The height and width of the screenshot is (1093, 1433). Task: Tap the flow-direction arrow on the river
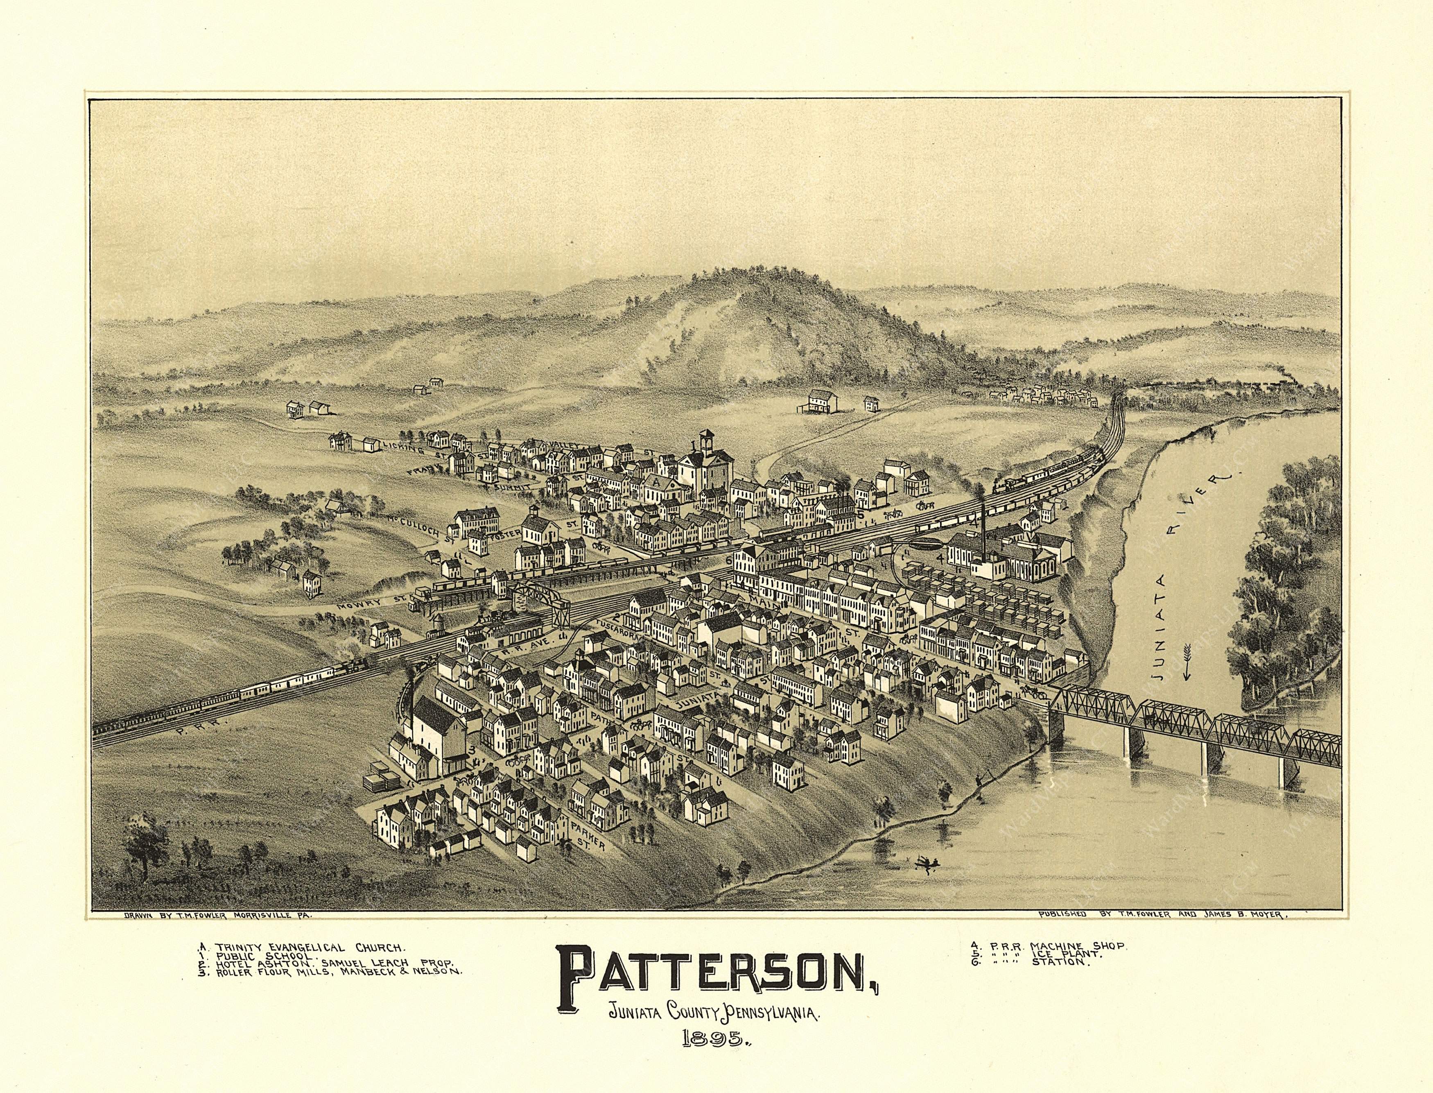1184,658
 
